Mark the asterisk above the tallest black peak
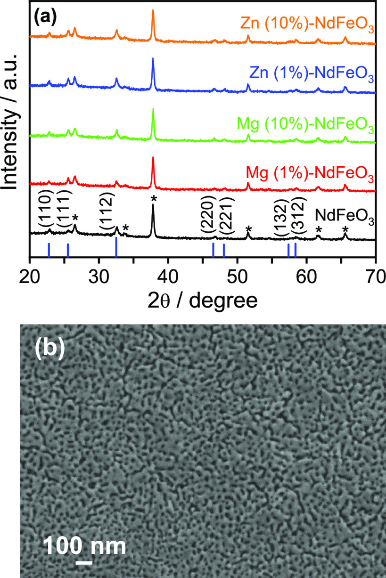153,199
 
